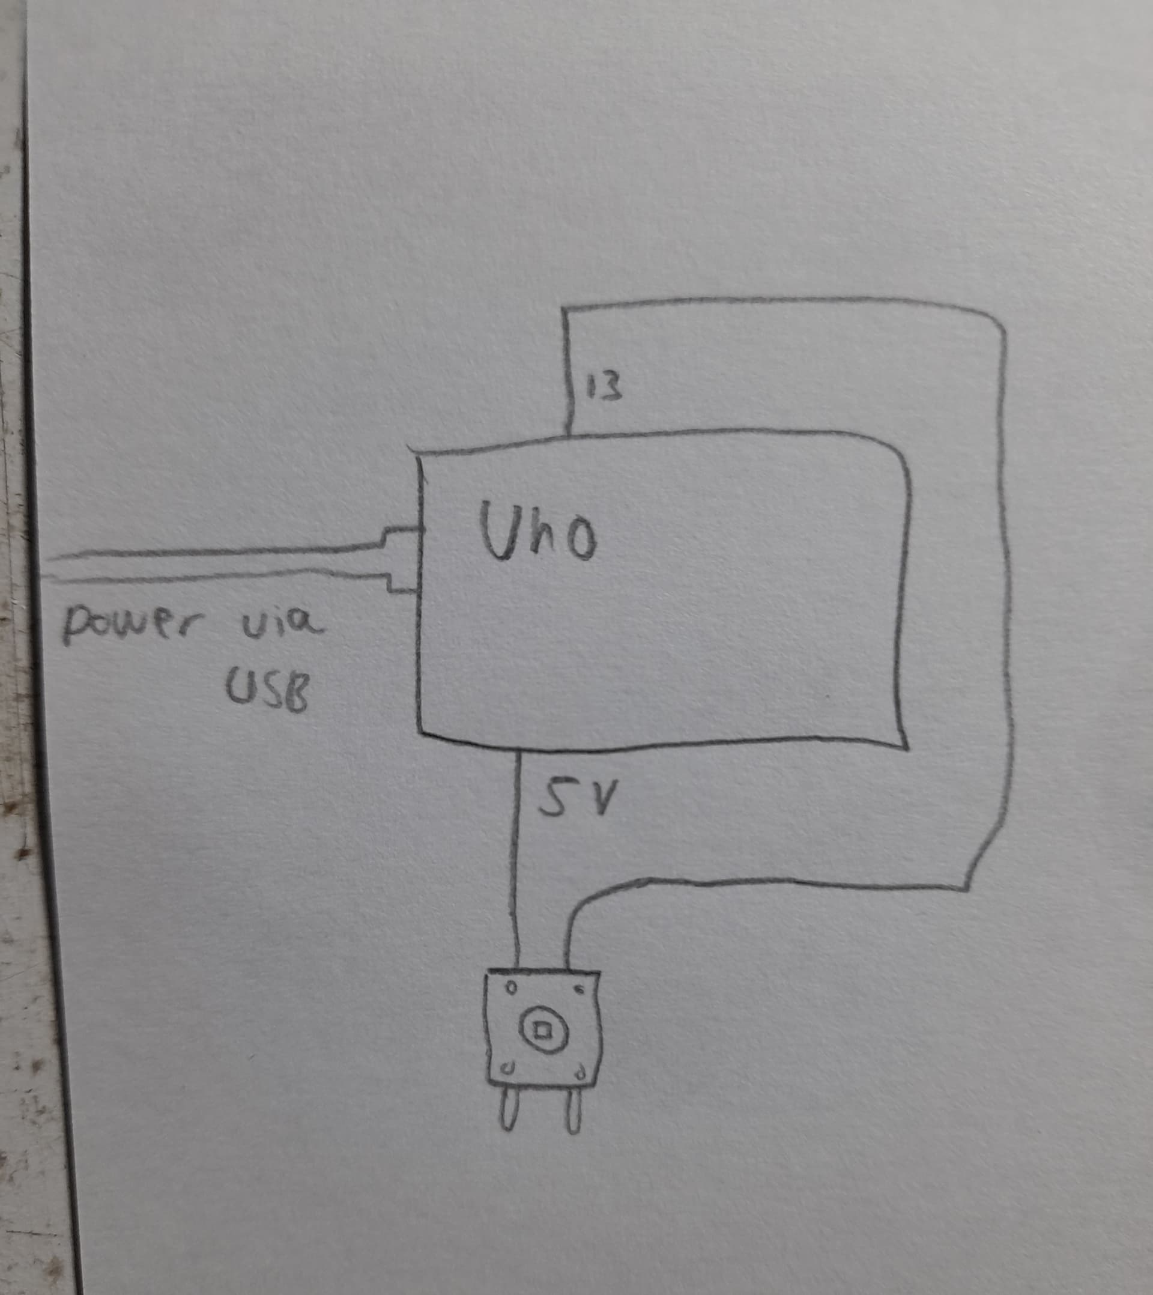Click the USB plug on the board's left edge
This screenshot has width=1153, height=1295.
[x=402, y=560]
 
